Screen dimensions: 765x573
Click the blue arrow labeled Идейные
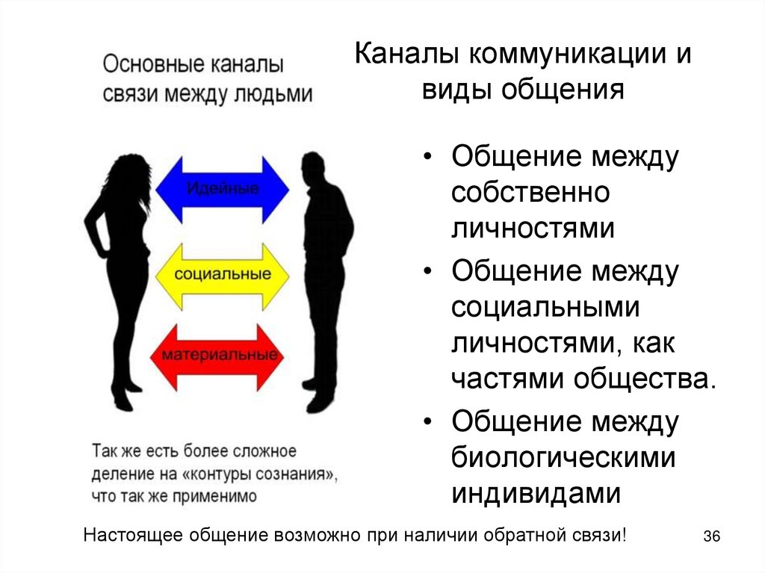[x=223, y=188]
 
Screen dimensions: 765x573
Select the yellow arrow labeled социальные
[x=223, y=274]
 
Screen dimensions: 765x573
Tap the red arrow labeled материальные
[x=223, y=356]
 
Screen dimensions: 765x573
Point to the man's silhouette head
[x=313, y=167]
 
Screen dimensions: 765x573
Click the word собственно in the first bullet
[x=530, y=193]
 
